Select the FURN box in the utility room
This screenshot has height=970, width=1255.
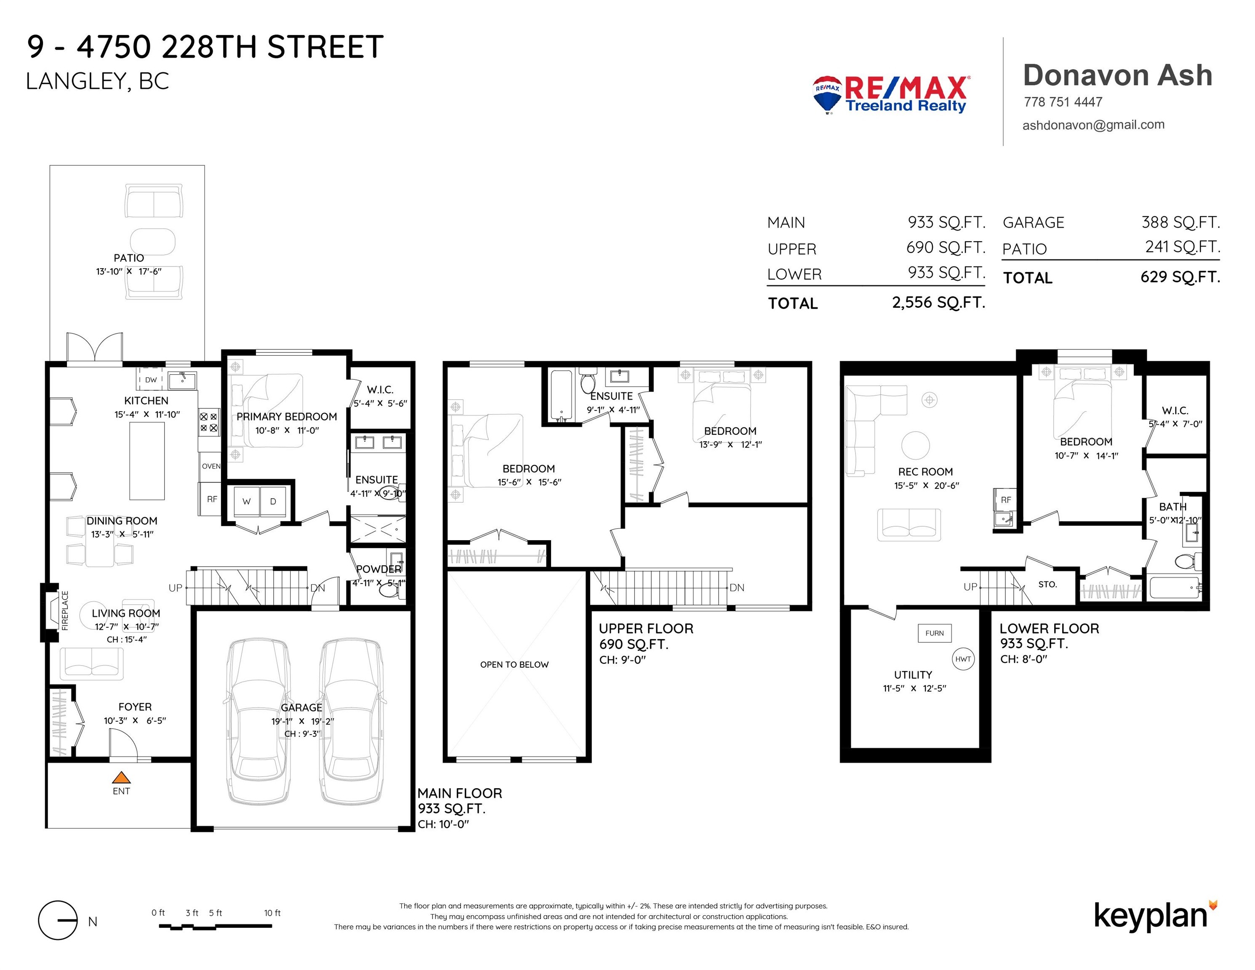(934, 633)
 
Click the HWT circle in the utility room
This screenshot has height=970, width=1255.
(963, 659)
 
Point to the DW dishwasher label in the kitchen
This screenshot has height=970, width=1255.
(151, 380)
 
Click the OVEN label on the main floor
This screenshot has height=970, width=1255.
(211, 466)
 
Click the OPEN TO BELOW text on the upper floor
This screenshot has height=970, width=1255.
(514, 664)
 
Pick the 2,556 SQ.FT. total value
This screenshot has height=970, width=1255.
(938, 303)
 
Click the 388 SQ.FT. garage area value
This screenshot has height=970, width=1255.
(1181, 222)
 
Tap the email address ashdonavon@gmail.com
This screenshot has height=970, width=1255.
(1093, 125)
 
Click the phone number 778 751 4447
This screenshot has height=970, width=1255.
(1063, 102)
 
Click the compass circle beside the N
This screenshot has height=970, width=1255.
(57, 920)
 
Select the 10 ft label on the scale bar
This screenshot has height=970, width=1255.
(272, 913)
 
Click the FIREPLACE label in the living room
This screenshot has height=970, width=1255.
(65, 610)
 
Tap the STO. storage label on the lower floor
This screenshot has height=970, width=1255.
(1047, 584)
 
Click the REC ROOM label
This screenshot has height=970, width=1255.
(925, 472)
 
